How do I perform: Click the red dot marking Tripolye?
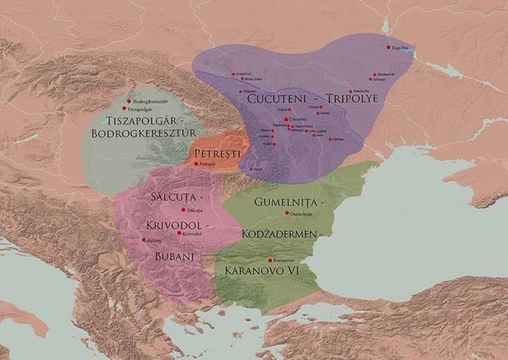pyautogui.click(x=389, y=47)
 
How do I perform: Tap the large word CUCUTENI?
pyautogui.click(x=278, y=98)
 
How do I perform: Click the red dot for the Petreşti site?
pyautogui.click(x=197, y=164)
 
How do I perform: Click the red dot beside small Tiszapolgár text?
pyautogui.click(x=124, y=108)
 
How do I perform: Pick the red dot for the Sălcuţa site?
pyautogui.click(x=183, y=209)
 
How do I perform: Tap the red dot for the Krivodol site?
pyautogui.click(x=178, y=233)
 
